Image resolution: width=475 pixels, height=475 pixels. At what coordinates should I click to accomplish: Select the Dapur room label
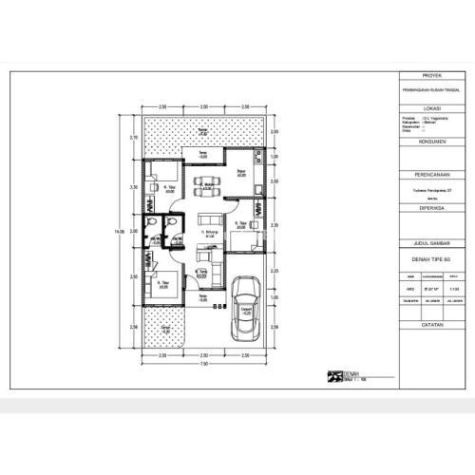(x=241, y=175)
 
